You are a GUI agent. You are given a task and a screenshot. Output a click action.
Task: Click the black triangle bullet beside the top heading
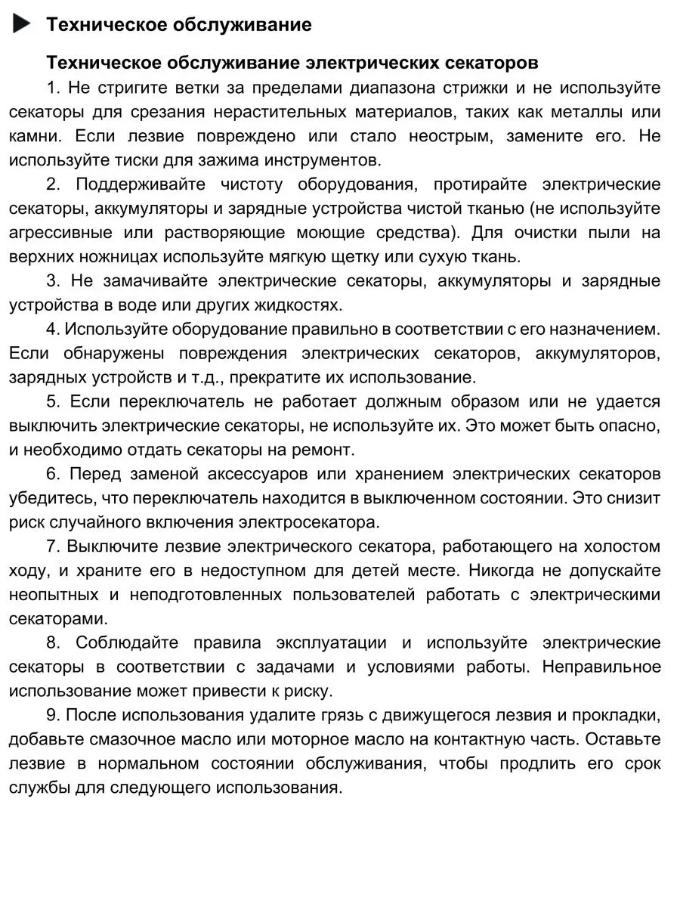tap(22, 24)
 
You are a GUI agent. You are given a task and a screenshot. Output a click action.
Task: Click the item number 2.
tap(51, 184)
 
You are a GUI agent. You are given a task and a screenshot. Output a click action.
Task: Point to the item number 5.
tap(51, 401)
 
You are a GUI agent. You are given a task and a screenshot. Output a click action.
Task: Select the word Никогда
tap(484, 571)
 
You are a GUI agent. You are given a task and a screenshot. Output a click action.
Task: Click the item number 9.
tap(51, 715)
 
